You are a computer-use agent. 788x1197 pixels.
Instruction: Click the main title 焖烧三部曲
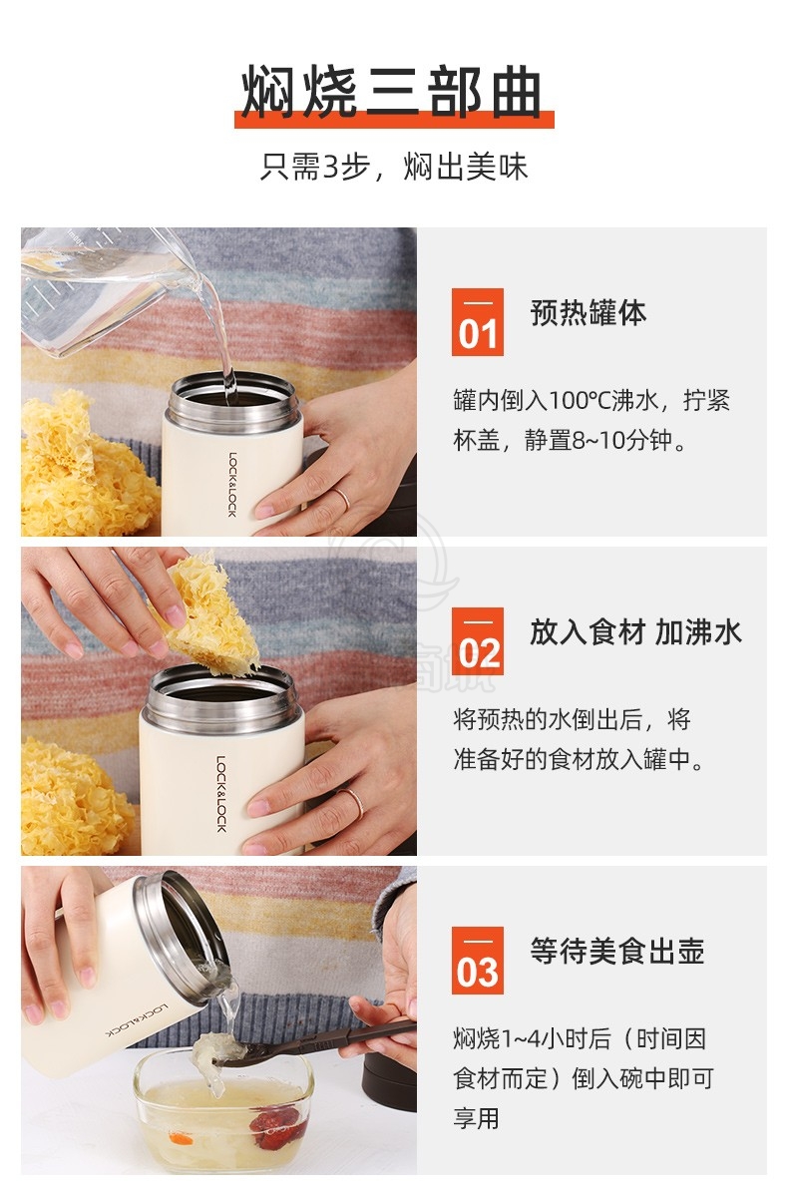point(392,92)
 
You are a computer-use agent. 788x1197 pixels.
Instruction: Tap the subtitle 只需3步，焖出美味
point(394,167)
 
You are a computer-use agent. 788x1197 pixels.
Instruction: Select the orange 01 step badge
point(477,321)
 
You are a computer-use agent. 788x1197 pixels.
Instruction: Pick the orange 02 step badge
point(477,640)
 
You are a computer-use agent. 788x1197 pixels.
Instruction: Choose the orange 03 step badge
point(477,961)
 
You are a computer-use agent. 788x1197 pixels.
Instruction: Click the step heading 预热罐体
point(589,312)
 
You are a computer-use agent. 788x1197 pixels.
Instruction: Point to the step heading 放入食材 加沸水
point(635,632)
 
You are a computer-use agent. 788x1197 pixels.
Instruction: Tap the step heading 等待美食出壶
point(617,952)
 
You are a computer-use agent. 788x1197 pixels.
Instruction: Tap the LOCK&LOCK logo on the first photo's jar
point(232,484)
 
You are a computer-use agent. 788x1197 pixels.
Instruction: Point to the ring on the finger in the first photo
point(341,499)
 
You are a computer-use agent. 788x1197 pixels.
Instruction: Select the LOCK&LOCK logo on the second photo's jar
point(221,793)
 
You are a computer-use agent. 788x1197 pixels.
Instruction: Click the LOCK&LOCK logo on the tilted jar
point(137,1020)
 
